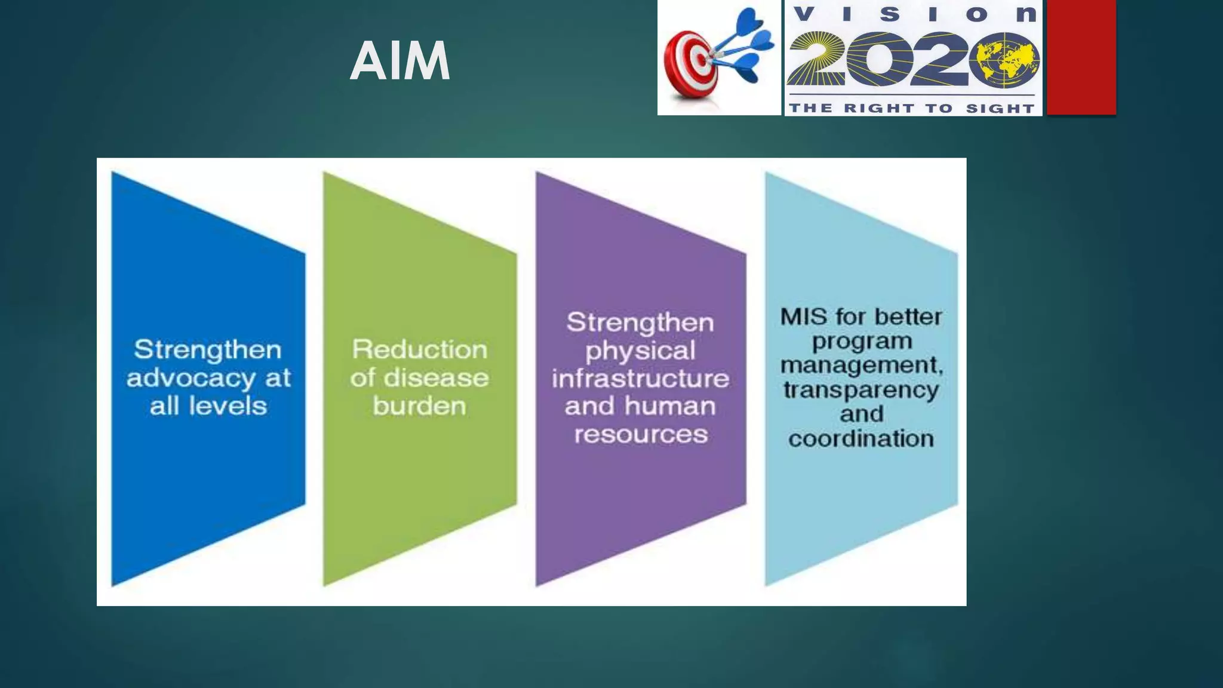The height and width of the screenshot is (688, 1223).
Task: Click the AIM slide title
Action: [x=400, y=61]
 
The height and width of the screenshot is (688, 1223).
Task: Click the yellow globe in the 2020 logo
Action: [x=1004, y=60]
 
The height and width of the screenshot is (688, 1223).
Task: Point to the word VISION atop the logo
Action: [x=914, y=14]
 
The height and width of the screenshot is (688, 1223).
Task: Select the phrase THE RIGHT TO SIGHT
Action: [x=912, y=108]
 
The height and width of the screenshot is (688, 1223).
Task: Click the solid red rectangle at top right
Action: [x=1081, y=57]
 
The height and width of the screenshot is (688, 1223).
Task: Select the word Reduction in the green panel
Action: [x=419, y=349]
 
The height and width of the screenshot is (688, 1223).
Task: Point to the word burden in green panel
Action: [x=419, y=406]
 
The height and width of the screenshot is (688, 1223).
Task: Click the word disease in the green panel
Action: [x=436, y=378]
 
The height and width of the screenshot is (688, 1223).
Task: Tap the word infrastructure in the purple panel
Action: [x=640, y=379]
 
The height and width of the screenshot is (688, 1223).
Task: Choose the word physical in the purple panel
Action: [x=640, y=351]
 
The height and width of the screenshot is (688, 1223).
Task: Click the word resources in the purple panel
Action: [x=641, y=434]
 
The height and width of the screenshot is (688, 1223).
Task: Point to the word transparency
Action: [x=861, y=391]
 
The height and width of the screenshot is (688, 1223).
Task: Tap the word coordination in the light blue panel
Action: [x=861, y=439]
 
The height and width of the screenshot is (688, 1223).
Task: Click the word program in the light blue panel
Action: [x=862, y=342]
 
